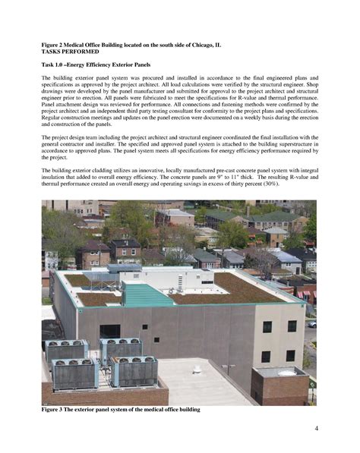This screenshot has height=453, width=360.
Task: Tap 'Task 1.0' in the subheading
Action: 55,66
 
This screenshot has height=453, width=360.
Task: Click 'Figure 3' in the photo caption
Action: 56,410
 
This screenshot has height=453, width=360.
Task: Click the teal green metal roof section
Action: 148,294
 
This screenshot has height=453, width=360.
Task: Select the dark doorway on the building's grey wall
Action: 110,332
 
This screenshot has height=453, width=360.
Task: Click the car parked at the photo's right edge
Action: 311,322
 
